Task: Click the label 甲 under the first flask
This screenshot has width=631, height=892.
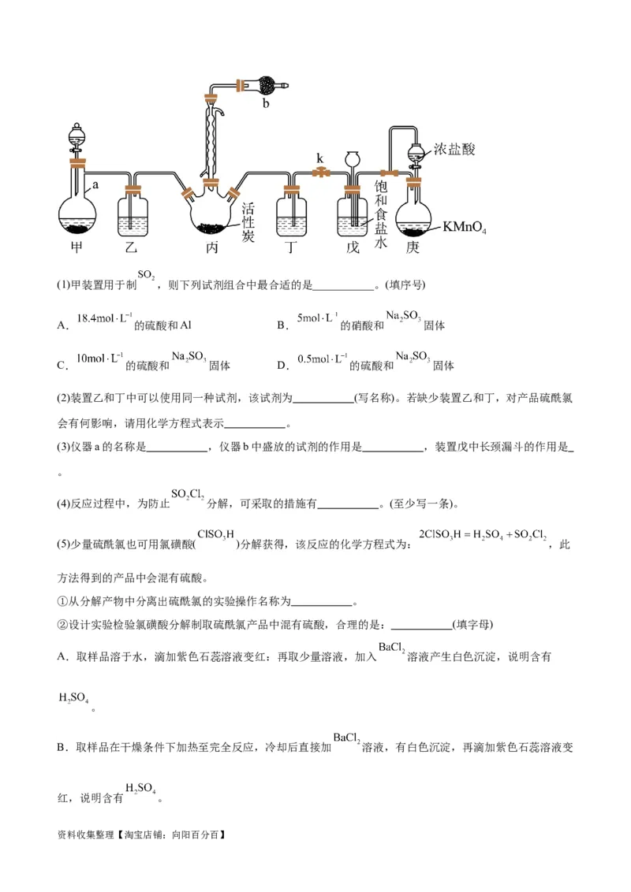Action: [77, 247]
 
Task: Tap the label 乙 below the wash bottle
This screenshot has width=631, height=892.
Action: [132, 247]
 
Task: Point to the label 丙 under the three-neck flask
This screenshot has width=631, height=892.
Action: [212, 247]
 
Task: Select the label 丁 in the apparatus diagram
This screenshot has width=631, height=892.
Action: [291, 247]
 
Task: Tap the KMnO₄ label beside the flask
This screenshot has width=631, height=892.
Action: [465, 229]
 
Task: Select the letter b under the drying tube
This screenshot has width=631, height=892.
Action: [266, 103]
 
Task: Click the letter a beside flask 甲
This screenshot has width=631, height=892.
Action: [95, 184]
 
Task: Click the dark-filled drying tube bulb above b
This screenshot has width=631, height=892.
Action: [267, 84]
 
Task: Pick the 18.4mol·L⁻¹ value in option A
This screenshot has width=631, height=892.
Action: [103, 319]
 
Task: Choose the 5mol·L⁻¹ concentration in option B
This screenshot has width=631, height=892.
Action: [318, 318]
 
